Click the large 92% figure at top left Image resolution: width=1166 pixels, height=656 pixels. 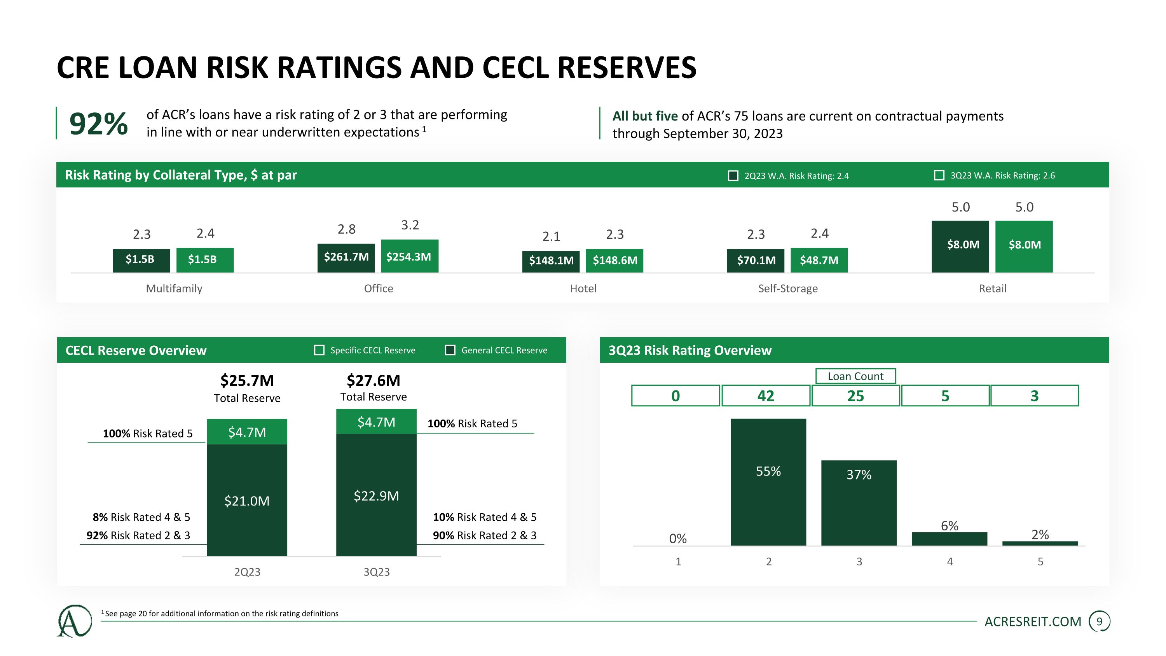pos(98,124)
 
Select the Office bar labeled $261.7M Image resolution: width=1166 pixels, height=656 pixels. pos(346,257)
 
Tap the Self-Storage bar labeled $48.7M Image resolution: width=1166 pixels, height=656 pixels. pos(819,260)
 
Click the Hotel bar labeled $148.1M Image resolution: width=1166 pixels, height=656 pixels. pos(550,261)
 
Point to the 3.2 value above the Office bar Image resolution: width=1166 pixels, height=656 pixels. pos(410,225)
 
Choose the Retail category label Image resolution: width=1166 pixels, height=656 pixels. pos(992,289)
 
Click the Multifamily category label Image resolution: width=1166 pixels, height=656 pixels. pos(174,289)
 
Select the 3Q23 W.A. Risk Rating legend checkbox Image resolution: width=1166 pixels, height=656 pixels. pos(939,175)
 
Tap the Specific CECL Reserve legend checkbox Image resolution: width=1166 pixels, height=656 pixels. pos(319,350)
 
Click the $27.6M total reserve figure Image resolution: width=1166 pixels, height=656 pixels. pos(373,380)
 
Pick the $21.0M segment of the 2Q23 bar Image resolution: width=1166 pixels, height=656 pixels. pos(247,500)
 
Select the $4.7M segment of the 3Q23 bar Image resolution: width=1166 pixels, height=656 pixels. pos(376,422)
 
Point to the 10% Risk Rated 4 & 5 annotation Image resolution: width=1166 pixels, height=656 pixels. pos(484,517)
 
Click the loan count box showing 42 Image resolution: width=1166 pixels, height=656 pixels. pos(765,396)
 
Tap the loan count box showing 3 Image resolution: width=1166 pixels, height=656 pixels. pos(1034,396)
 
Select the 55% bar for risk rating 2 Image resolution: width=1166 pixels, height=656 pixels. pos(768,482)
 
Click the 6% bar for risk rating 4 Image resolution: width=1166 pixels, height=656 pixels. pos(949,539)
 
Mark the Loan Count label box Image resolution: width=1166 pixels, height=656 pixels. pos(855,376)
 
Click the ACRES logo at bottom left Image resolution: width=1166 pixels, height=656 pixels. pos(74,621)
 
